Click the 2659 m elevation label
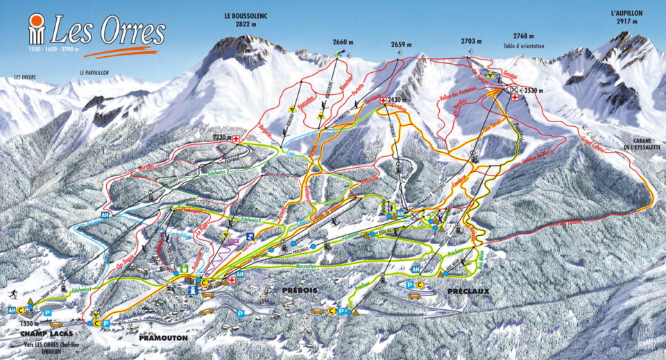point(398,44)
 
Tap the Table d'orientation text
point(525,46)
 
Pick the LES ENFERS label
point(25,77)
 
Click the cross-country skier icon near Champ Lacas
point(13,293)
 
